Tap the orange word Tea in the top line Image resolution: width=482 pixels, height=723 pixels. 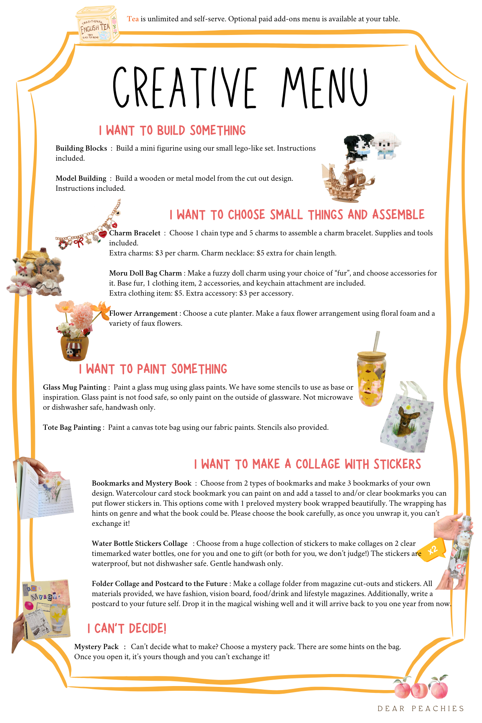(133, 19)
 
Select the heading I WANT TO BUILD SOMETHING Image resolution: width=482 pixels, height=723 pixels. (172, 131)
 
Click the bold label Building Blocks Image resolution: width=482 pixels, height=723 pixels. (81, 148)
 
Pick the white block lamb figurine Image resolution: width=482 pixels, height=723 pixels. (386, 146)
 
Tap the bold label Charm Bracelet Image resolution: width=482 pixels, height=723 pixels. (135, 233)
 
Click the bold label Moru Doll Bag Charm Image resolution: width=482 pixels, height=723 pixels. (145, 273)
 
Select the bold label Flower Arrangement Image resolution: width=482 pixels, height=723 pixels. (143, 313)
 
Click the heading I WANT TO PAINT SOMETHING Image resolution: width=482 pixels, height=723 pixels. (153, 369)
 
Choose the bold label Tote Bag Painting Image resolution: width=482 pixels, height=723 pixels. (72, 427)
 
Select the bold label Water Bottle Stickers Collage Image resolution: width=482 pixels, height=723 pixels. (140, 543)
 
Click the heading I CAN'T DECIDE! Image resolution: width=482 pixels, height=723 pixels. (127, 629)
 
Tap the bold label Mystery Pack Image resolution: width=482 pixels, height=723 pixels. (96, 647)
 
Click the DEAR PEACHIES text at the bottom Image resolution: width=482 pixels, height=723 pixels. (421, 709)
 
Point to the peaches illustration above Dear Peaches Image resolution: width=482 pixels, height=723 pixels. (421, 688)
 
